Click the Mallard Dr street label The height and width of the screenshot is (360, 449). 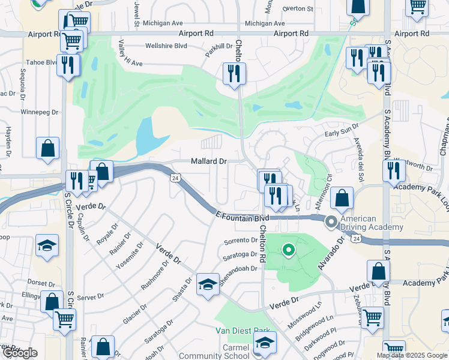tap(209, 161)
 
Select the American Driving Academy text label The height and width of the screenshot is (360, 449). tap(372, 223)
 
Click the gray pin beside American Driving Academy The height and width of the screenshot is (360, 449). tap(331, 223)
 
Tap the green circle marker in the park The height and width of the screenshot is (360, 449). tap(288, 250)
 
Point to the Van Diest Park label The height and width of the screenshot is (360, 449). tap(243, 330)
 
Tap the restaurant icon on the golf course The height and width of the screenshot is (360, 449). tap(232, 74)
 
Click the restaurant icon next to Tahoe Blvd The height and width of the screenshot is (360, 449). tap(68, 64)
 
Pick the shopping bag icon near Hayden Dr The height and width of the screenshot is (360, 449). tap(47, 148)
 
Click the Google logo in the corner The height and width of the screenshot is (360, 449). tap(20, 353)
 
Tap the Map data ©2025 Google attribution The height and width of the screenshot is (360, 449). tap(412, 355)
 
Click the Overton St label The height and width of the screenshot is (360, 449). tap(298, 9)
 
